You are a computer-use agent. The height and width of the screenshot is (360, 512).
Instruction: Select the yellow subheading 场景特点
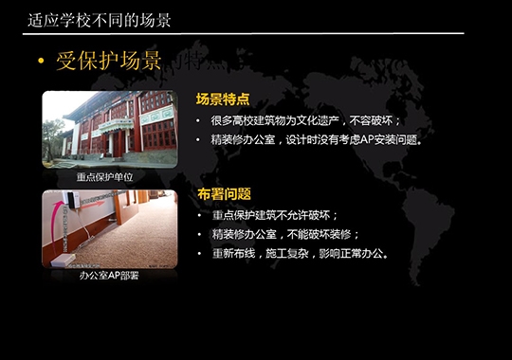(x=223, y=99)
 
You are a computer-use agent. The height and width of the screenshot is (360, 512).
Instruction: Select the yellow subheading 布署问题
(x=224, y=194)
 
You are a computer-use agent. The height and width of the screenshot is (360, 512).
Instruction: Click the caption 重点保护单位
(x=104, y=177)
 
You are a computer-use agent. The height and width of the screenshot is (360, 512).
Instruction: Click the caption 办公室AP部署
(x=104, y=277)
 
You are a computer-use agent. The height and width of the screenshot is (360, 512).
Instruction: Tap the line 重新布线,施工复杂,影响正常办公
(x=301, y=253)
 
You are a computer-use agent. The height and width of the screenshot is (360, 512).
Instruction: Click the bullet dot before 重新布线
(x=198, y=253)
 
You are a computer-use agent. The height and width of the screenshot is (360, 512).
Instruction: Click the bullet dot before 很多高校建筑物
(x=198, y=121)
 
